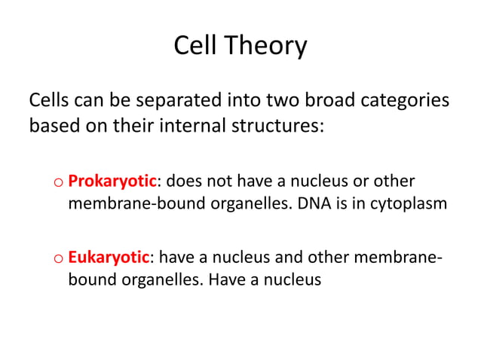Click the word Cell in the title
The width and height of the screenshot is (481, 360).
click(x=196, y=47)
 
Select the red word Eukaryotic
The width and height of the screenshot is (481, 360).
click(x=109, y=258)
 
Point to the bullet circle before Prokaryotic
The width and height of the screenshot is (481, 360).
click(x=59, y=183)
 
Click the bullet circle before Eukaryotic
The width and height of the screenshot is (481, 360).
click(x=59, y=260)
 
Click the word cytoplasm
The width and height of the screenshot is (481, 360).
click(x=404, y=203)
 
